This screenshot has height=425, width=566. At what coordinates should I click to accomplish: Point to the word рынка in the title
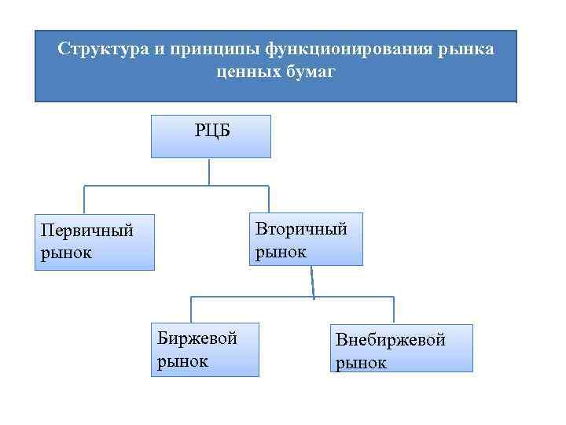[467, 50]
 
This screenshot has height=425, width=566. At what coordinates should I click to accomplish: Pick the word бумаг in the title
[311, 72]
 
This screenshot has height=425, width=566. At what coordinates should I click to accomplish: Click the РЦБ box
[211, 136]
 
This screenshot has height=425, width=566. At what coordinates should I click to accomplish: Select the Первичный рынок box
[94, 242]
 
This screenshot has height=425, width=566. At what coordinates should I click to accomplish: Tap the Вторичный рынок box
[307, 238]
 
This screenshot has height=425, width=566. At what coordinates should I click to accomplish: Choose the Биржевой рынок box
[205, 349]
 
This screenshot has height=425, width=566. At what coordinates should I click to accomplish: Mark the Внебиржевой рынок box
[402, 349]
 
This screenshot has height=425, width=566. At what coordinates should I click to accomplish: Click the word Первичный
[87, 232]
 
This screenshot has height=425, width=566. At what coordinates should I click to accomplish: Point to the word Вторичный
[301, 229]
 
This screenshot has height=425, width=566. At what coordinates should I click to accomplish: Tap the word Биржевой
[197, 338]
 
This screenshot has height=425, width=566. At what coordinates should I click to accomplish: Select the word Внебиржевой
[391, 340]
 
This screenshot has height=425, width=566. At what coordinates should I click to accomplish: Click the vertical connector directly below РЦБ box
[209, 172]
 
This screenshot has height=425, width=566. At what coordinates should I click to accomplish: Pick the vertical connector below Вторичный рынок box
[312, 281]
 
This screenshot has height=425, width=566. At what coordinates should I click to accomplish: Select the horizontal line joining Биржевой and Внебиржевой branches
[291, 297]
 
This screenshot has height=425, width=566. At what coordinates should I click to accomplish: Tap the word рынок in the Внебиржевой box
[362, 363]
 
